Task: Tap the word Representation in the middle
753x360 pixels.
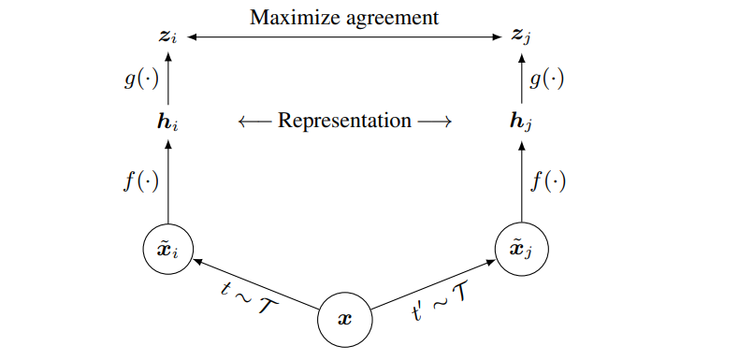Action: click(x=345, y=121)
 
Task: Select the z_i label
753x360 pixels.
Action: click(x=167, y=37)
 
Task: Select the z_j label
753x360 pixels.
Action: click(x=522, y=37)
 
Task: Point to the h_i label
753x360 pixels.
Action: click(x=167, y=122)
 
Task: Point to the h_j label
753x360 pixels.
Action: click(x=522, y=122)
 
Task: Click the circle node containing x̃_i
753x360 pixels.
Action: click(x=167, y=250)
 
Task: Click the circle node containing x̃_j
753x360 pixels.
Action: click(x=522, y=250)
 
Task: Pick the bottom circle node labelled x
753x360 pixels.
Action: click(x=344, y=318)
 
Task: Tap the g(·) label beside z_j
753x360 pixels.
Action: click(x=547, y=79)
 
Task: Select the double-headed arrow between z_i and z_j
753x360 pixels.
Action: click(x=344, y=37)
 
